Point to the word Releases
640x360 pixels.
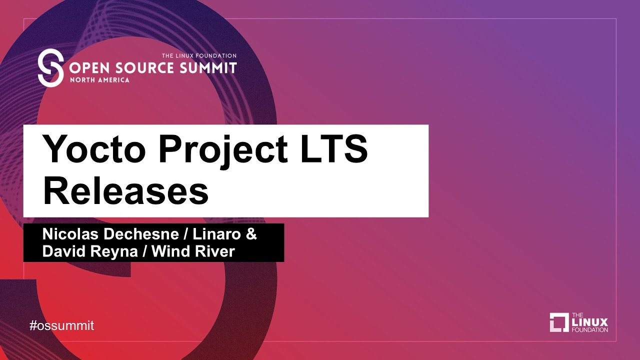[x=125, y=191]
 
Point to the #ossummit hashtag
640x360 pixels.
[x=61, y=326]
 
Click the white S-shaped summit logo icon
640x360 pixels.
[x=50, y=67]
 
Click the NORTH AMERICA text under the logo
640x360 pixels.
[x=99, y=80]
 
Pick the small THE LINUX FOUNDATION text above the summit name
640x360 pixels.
[x=199, y=56]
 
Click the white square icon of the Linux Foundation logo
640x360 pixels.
[x=559, y=322]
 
